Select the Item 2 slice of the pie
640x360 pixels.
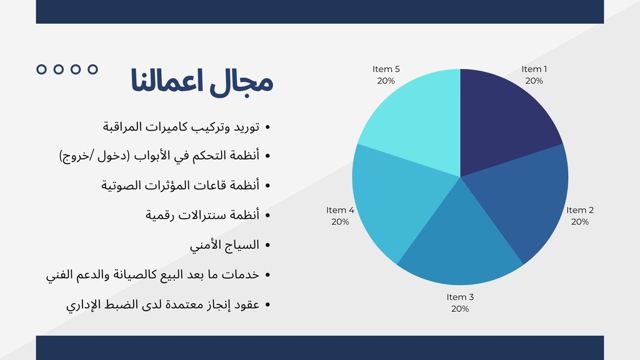pyautogui.click(x=526, y=196)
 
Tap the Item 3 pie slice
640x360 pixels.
pyautogui.click(x=461, y=241)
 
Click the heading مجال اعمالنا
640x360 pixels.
pyautogui.click(x=202, y=81)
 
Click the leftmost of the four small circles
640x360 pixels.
pyautogui.click(x=41, y=69)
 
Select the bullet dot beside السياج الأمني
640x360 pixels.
pyautogui.click(x=267, y=245)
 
